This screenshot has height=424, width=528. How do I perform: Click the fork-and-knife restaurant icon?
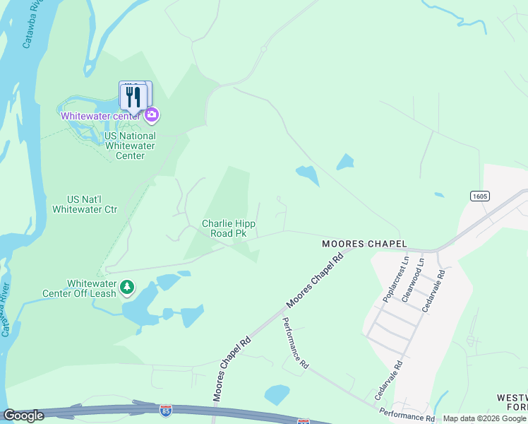133,96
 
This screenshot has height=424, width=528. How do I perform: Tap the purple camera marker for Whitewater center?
152,115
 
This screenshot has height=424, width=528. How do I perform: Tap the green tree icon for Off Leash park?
127,287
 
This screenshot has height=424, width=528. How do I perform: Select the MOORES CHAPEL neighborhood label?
364,243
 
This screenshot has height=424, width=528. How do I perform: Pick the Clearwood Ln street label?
413,277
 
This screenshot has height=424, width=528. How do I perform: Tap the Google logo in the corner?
23,416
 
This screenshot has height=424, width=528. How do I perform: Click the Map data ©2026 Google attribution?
484,418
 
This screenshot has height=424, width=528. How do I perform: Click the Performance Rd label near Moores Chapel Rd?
296,343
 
